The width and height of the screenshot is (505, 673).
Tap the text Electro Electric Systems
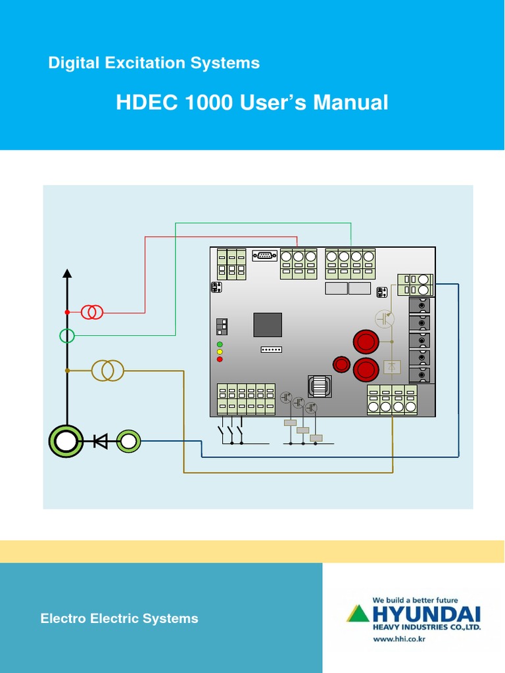coord(119,618)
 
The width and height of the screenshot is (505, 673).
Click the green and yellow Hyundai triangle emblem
coord(358,614)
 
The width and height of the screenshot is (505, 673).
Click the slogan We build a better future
coord(415,600)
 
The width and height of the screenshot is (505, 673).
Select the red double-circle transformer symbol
coord(92,312)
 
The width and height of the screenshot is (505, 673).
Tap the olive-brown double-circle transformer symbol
coord(107,371)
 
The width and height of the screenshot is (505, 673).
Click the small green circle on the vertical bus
coord(67,336)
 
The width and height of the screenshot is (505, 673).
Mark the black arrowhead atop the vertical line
coord(66,273)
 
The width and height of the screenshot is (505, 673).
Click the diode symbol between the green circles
coord(100,441)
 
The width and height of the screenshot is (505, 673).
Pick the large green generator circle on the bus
coord(66,441)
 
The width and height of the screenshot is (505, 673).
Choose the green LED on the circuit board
coord(220,344)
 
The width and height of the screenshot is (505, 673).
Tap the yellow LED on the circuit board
coord(220,352)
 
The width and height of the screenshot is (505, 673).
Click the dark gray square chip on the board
coord(268,325)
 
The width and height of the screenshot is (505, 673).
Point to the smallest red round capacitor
coord(341,364)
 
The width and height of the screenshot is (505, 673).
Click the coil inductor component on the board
coord(320,386)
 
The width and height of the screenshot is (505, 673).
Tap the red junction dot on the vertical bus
coord(67,312)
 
